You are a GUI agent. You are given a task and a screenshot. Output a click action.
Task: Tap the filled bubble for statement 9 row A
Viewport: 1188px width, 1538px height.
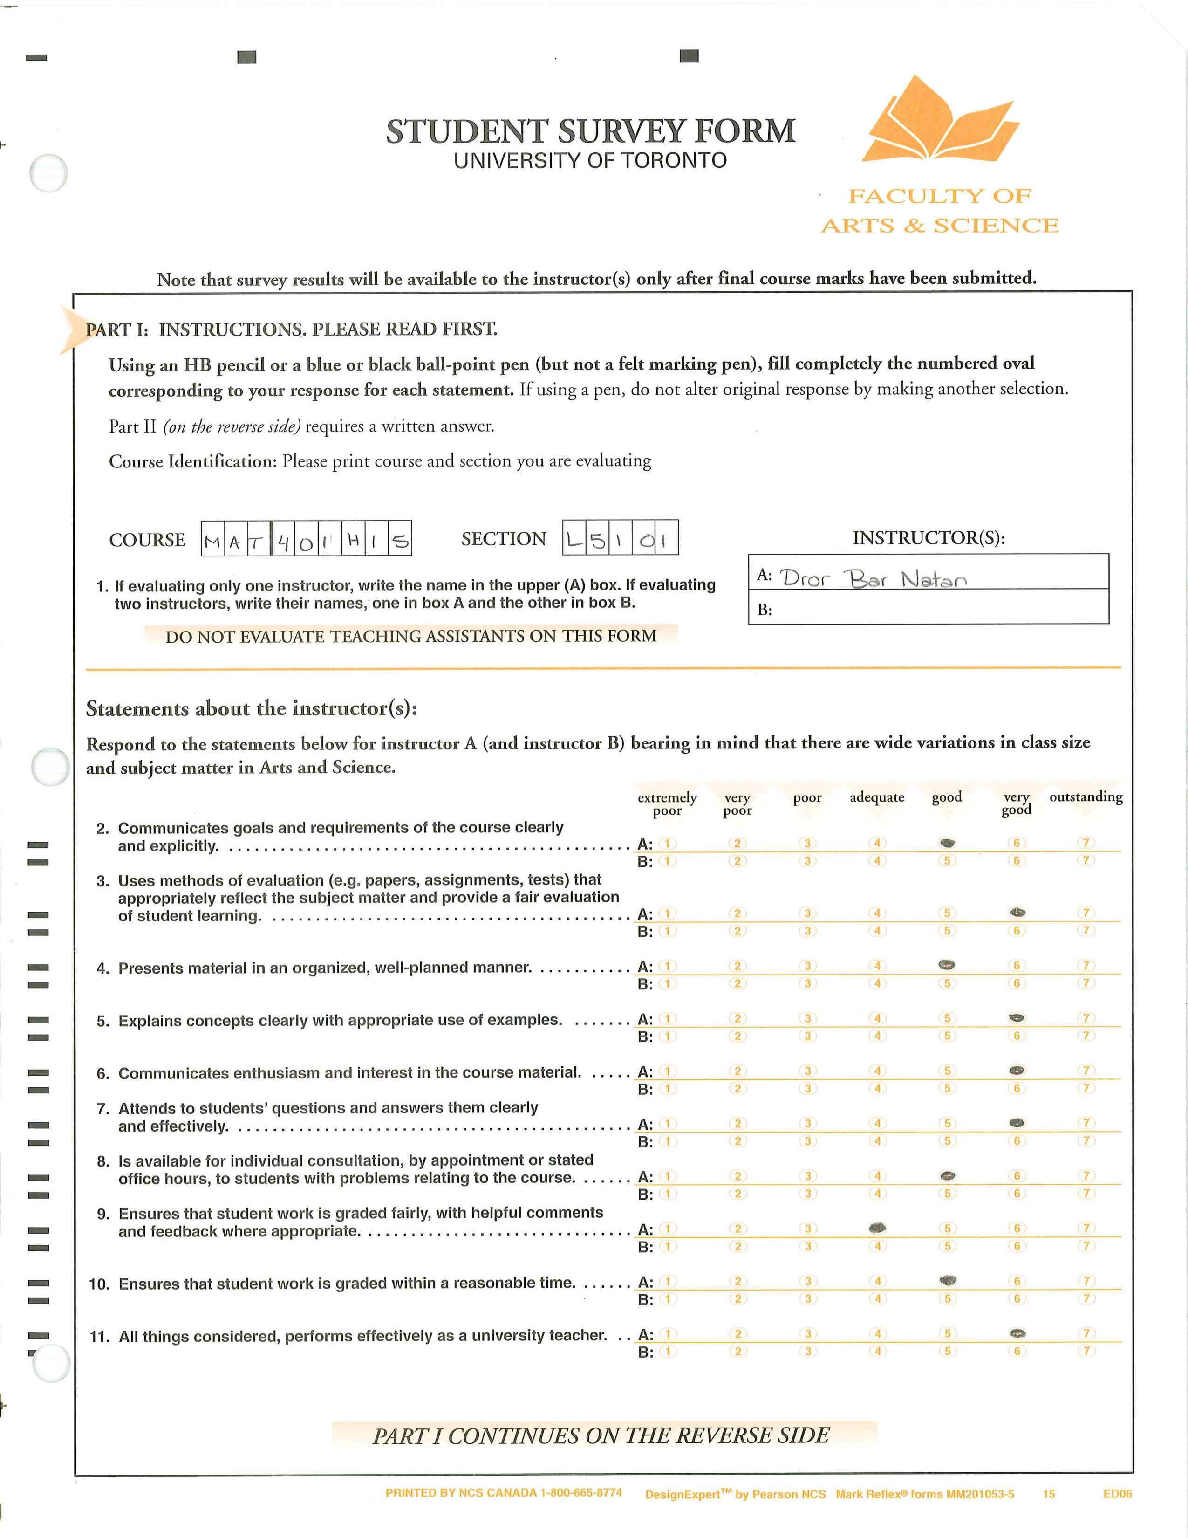(x=877, y=1228)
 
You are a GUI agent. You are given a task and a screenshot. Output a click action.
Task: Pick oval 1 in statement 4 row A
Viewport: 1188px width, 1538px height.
(x=667, y=966)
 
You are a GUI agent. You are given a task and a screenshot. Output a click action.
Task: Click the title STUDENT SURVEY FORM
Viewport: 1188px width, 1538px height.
(x=590, y=132)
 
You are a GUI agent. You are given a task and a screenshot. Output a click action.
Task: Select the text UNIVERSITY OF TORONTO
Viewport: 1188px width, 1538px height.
(x=590, y=161)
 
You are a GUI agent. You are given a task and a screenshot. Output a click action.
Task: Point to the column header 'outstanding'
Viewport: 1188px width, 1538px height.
(x=1086, y=796)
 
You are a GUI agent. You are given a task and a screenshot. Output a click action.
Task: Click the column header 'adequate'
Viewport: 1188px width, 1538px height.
(x=877, y=797)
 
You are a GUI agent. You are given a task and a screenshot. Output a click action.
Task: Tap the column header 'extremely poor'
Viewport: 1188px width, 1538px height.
(x=667, y=803)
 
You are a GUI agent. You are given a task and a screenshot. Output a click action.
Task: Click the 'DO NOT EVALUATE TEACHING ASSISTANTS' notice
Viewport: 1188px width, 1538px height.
(x=411, y=636)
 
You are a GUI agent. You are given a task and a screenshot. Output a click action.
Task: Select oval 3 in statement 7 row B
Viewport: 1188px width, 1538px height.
(x=807, y=1141)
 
